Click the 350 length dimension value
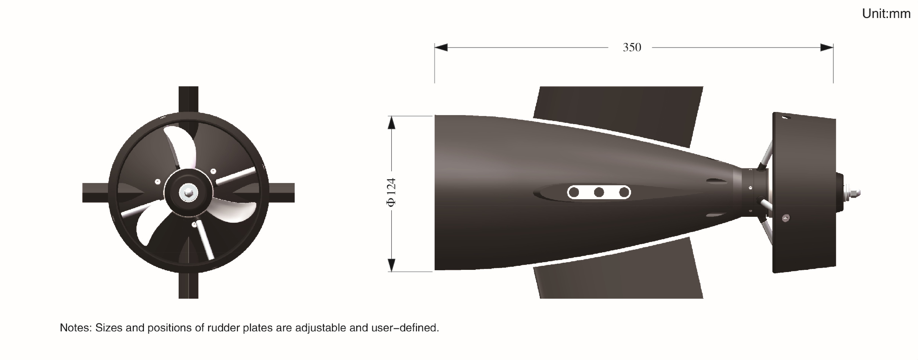pyautogui.click(x=632, y=47)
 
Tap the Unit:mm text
pyautogui.click(x=886, y=14)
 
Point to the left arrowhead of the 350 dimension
pyautogui.click(x=441, y=47)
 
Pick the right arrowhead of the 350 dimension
pyautogui.click(x=827, y=47)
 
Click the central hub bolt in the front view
pyautogui.click(x=188, y=192)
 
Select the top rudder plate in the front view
pyautogui.click(x=188, y=100)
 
